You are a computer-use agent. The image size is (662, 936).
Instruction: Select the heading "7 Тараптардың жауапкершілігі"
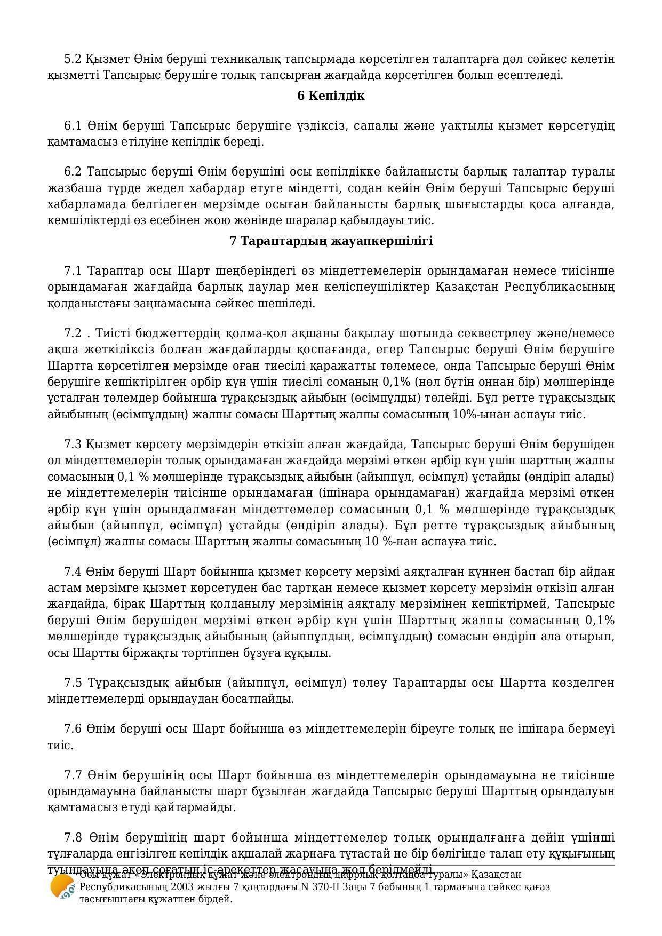[x=331, y=241]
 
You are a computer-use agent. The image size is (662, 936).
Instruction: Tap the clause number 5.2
[x=73, y=59]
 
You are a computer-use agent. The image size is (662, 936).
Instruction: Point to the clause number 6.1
[x=73, y=126]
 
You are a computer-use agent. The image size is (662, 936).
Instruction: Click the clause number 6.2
[x=73, y=172]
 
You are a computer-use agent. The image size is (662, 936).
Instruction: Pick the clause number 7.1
[x=73, y=271]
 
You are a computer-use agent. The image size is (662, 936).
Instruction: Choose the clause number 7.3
[x=73, y=445]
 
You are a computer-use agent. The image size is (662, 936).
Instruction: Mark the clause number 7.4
[x=73, y=572]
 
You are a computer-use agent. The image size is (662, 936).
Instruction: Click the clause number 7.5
[x=73, y=683]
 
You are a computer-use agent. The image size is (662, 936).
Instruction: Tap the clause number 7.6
[x=73, y=729]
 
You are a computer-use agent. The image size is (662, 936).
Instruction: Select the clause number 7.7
[x=73, y=775]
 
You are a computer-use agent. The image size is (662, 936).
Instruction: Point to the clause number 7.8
[x=73, y=837]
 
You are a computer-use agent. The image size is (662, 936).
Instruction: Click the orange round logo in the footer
[x=61, y=887]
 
